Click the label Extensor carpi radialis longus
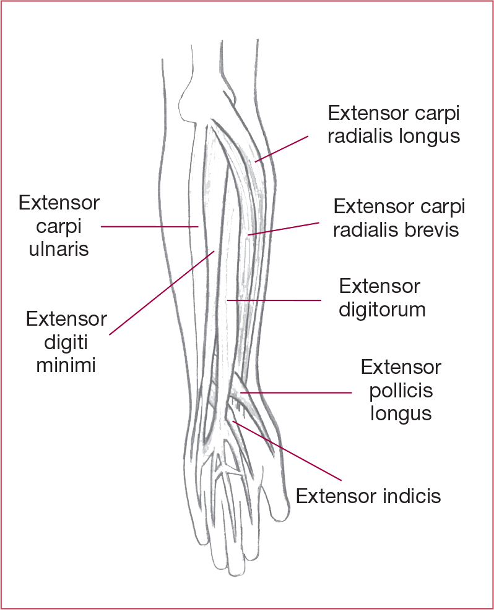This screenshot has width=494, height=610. tap(394, 124)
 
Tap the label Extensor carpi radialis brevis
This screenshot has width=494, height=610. tap(398, 218)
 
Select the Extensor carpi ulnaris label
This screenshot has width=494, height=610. tap(59, 226)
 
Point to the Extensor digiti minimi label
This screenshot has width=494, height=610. tap(66, 342)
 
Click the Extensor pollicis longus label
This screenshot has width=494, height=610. tap(401, 391)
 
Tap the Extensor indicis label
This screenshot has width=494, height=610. tap(368, 496)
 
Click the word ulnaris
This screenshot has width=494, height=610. tap(59, 249)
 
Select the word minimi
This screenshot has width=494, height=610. tap(66, 365)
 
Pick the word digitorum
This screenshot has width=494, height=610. tap(381, 308)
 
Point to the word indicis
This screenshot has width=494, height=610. tap(410, 496)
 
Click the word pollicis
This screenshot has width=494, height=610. tap(401, 391)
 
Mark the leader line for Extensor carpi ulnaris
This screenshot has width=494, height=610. tap(149, 226)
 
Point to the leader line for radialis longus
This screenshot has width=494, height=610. tap(282, 149)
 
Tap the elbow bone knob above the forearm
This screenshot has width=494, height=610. tap(193, 102)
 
